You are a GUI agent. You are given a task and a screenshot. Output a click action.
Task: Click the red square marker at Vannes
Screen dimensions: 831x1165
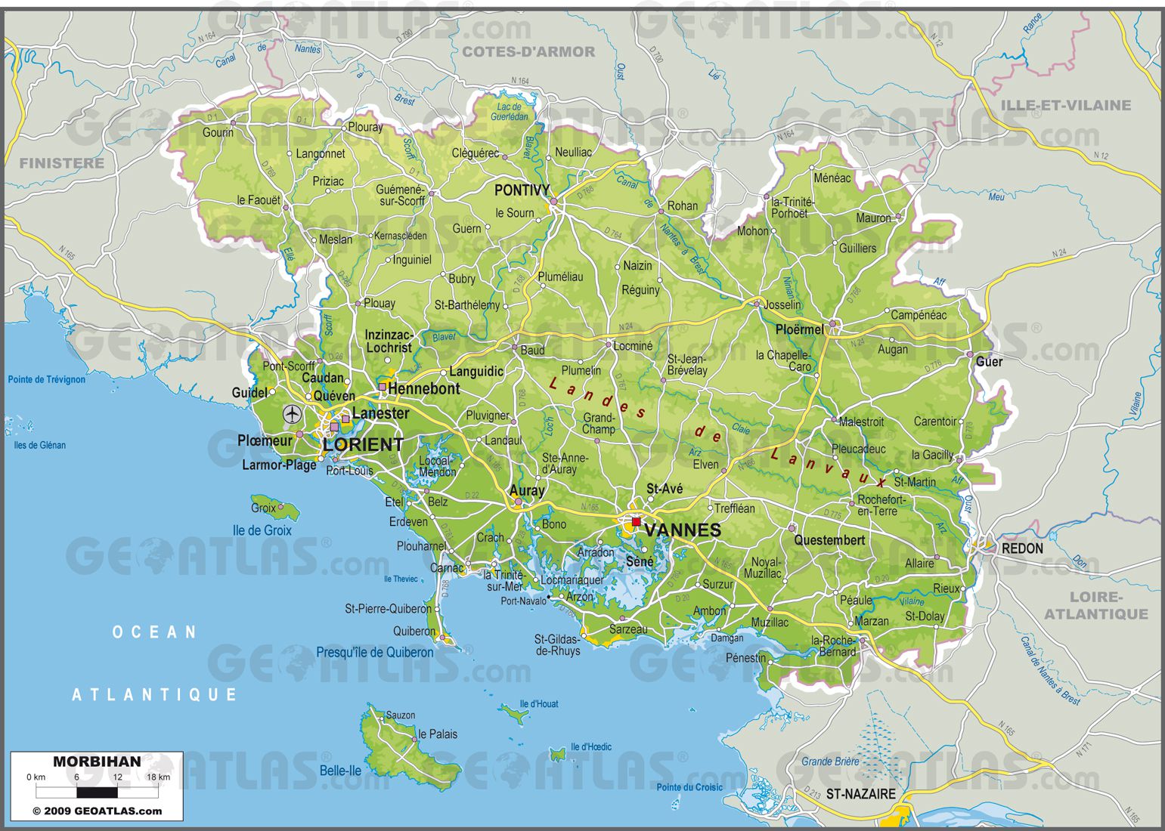[x=636, y=521]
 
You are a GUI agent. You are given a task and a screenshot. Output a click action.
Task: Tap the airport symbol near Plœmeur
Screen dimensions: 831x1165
[x=292, y=414]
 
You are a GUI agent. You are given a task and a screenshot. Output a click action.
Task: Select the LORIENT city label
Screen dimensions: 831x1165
[x=363, y=444]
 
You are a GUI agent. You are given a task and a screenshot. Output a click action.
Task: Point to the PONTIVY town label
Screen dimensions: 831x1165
[x=522, y=190]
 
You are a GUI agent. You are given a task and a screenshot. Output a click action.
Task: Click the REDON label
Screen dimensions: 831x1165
[x=1021, y=548]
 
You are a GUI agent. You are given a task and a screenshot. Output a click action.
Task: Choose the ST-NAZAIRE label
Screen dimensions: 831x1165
[x=860, y=794]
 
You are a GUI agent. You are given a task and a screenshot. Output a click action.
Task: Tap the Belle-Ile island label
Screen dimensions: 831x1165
[x=340, y=771]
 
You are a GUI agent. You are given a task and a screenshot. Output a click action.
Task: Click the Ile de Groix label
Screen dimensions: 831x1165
[x=262, y=530]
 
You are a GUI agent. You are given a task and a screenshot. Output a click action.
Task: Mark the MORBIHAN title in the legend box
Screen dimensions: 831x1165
[x=97, y=761]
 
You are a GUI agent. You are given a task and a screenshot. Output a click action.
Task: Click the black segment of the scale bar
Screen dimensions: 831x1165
[x=97, y=792]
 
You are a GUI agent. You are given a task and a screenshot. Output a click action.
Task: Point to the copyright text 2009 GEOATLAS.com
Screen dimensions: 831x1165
[x=97, y=811]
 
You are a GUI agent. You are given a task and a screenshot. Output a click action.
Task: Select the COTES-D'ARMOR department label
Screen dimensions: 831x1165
[x=528, y=51]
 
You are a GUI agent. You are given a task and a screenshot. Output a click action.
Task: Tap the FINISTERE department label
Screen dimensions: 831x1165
[x=62, y=162]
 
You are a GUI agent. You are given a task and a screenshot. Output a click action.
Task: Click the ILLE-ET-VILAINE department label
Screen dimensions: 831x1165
[x=1065, y=105]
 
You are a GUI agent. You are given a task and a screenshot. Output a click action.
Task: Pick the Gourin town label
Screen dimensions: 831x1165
[x=218, y=132]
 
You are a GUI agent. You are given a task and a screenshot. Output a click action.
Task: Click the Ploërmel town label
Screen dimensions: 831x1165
[x=799, y=329]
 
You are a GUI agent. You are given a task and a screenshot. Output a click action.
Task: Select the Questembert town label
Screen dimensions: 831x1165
[x=829, y=540]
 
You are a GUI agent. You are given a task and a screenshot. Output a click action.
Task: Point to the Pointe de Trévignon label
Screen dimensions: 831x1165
[x=47, y=379]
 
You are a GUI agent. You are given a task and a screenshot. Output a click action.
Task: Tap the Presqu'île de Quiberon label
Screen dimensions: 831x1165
[x=375, y=652]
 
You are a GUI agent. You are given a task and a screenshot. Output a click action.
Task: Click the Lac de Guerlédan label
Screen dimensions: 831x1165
[x=510, y=112]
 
